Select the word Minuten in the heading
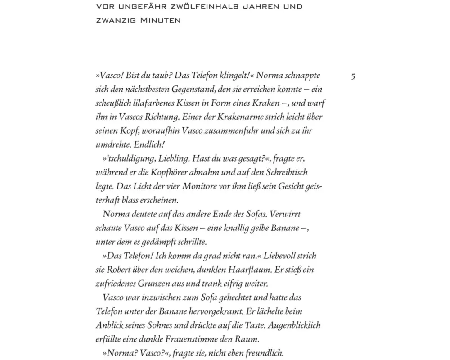coord(158,20)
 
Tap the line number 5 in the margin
coord(353,76)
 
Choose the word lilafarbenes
coord(152,103)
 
